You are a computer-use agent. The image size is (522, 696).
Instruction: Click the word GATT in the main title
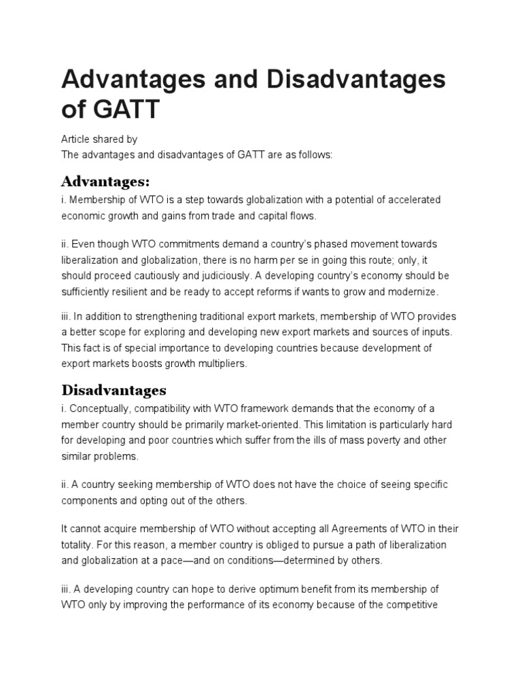[x=124, y=108]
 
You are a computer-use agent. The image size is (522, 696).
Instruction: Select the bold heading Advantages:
[x=105, y=181]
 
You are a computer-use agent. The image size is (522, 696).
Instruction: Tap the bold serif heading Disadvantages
[x=114, y=390]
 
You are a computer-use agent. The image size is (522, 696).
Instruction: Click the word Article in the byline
[x=76, y=139]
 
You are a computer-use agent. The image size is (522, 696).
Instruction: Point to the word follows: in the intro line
[x=313, y=155]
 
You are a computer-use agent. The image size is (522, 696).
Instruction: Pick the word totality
[x=77, y=545]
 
